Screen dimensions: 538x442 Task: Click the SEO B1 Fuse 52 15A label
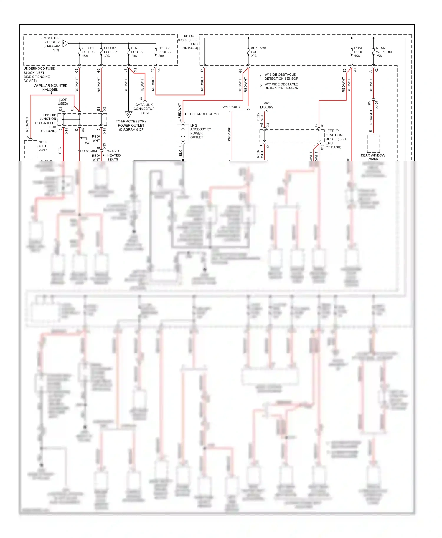[88, 52]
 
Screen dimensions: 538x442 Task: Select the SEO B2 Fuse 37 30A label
[110, 52]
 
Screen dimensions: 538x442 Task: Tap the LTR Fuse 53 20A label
[137, 52]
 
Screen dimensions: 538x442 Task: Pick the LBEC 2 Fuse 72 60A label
[164, 52]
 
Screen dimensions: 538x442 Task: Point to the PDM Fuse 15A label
[358, 52]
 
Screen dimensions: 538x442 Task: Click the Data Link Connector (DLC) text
[144, 109]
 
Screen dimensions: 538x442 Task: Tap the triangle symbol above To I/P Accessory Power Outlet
[128, 114]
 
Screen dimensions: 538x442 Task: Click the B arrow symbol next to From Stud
[65, 43]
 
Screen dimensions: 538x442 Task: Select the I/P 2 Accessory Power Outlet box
[183, 133]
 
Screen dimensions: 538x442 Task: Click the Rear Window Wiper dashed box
[373, 144]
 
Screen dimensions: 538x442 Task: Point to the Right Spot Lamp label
[42, 146]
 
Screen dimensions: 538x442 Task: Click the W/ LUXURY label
[231, 107]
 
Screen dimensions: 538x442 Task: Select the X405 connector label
[377, 104]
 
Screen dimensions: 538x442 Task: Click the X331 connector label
[104, 145]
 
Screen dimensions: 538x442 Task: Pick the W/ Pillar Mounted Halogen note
[50, 87]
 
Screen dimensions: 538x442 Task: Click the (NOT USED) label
[63, 102]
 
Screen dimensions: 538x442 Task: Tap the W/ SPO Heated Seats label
[113, 155]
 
